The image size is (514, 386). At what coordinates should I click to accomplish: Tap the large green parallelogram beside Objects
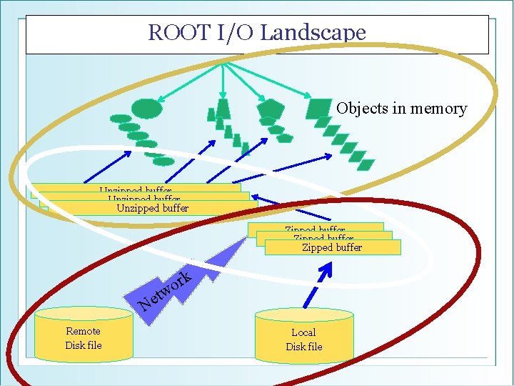(x=318, y=108)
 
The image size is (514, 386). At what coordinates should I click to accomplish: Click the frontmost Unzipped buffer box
(x=152, y=208)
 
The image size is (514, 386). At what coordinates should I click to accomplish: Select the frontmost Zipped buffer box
(x=332, y=247)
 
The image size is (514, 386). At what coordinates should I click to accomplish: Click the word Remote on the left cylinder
(x=83, y=331)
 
